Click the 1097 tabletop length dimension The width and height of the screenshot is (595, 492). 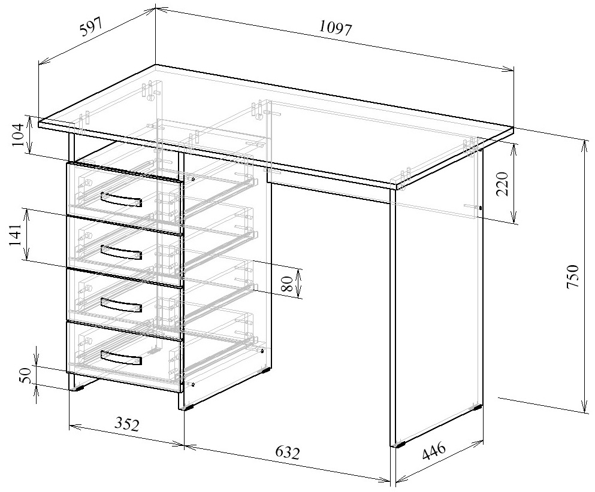[336, 29]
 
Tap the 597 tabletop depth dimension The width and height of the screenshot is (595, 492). [90, 26]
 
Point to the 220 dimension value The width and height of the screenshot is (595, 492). [502, 183]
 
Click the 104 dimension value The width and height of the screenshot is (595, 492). [19, 135]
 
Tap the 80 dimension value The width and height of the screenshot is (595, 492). [287, 284]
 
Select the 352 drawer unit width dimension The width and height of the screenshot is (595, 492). [127, 424]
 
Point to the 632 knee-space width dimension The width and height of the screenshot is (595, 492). [287, 452]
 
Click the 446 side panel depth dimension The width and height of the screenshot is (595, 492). [433, 451]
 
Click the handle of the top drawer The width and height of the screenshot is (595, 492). [122, 199]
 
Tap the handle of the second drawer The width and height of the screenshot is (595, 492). [122, 252]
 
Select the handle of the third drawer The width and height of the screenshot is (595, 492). [122, 305]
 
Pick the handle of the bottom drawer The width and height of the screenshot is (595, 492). [122, 358]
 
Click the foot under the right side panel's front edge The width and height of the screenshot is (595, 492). [400, 444]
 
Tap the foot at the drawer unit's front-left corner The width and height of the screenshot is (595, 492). [78, 388]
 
